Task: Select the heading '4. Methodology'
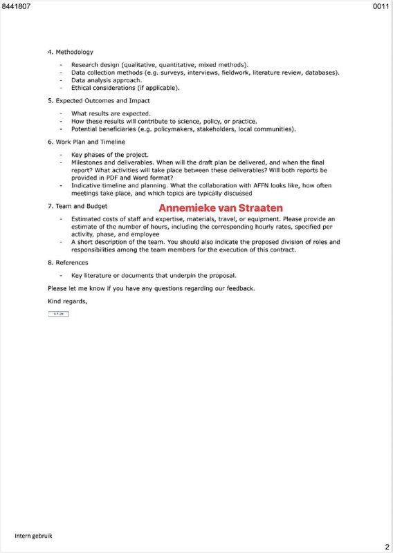pyautogui.click(x=71, y=52)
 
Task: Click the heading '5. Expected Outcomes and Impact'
pyautogui.click(x=98, y=101)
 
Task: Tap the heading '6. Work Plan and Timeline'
pyautogui.click(x=86, y=142)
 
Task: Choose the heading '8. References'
pyautogui.click(x=68, y=263)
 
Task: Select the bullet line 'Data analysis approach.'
pyautogui.click(x=107, y=80)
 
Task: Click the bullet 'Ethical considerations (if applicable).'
pyautogui.click(x=125, y=88)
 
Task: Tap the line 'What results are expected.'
pyautogui.click(x=111, y=113)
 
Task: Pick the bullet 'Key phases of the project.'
pyautogui.click(x=109, y=154)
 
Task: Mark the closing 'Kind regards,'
pyautogui.click(x=68, y=301)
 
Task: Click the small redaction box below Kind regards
pyautogui.click(x=59, y=314)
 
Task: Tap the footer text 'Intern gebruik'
pyautogui.click(x=35, y=536)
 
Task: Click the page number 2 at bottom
pyautogui.click(x=387, y=546)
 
